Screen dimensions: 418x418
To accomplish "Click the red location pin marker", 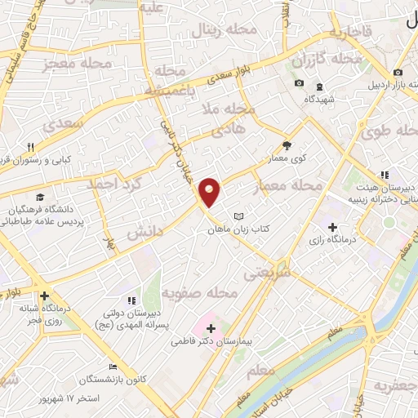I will pyautogui.click(x=210, y=193).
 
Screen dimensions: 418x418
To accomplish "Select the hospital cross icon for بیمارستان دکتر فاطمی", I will pyautogui.click(x=211, y=327).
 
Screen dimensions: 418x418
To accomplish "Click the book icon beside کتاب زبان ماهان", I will pyautogui.click(x=238, y=216).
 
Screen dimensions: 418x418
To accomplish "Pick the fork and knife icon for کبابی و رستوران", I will pyautogui.click(x=30, y=146).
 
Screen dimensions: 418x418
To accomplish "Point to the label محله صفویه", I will pyautogui.click(x=199, y=291).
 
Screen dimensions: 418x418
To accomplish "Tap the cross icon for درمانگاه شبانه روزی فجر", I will pyautogui.click(x=44, y=296).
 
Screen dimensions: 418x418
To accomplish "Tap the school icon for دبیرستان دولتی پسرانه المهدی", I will pyautogui.click(x=132, y=301).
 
